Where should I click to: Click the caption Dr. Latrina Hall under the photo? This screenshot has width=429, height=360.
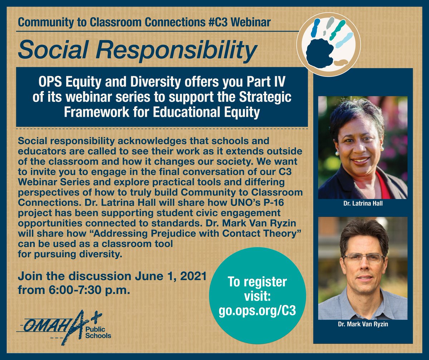coord(363,206)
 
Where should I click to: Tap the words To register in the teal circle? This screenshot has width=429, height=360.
coord(257,282)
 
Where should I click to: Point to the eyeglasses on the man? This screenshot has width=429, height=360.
coord(363,258)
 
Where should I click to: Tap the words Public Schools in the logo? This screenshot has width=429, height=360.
coord(98,333)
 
